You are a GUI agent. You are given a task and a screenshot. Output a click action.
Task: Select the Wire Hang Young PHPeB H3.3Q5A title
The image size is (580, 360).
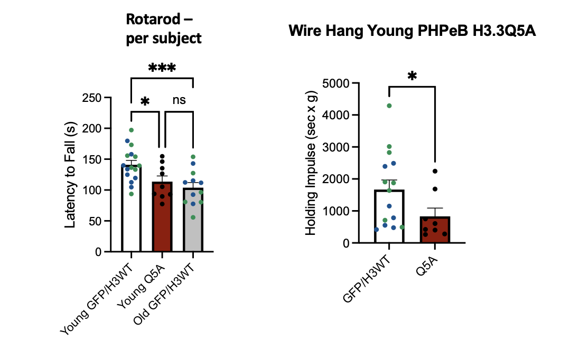[412, 31]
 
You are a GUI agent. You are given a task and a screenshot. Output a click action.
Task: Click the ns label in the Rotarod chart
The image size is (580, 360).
[179, 100]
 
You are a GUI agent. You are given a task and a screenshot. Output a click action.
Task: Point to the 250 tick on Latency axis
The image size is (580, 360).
[95, 98]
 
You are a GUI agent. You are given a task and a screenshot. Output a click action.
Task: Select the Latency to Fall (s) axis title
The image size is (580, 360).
[70, 175]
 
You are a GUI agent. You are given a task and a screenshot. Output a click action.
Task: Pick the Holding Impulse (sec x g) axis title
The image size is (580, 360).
[311, 163]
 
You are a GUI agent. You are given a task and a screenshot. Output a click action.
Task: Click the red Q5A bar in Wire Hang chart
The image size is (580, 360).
[435, 231]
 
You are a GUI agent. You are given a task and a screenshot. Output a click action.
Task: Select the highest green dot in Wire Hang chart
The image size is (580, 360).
[389, 106]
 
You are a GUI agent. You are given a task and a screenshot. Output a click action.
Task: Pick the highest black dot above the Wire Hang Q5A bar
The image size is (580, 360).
[434, 171]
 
